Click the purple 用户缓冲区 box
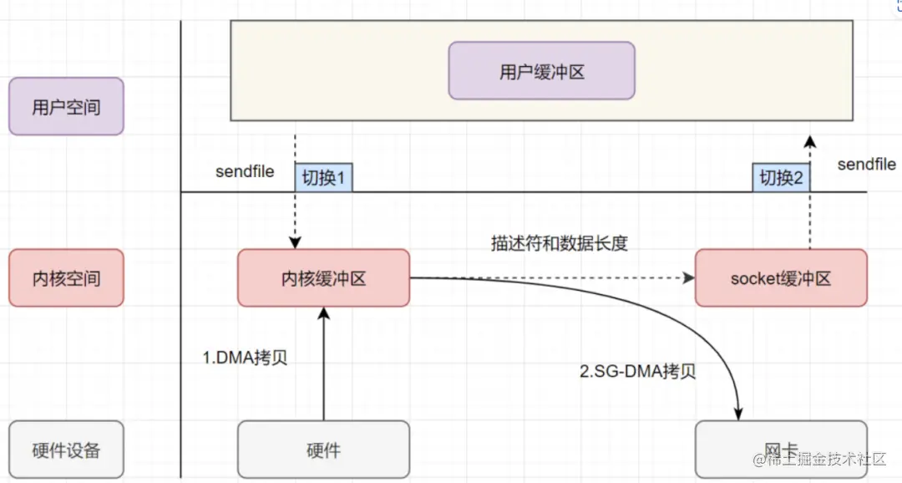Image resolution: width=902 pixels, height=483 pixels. coord(541,71)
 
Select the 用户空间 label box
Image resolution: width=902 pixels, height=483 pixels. coord(66,106)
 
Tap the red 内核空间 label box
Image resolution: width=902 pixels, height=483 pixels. coord(66,277)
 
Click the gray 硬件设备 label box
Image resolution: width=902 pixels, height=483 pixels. coord(66,450)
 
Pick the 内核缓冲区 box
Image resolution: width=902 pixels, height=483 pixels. coord(323,277)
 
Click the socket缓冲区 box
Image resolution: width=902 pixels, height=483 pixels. coord(780,277)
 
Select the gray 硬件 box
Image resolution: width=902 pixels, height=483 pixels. coord(323,450)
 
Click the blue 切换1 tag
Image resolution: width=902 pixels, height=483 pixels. coord(323,177)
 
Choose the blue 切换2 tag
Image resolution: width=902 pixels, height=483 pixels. coord(781,177)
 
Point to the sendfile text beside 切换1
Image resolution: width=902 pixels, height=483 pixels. coord(245,172)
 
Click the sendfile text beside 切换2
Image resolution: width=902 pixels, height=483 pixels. coord(866,165)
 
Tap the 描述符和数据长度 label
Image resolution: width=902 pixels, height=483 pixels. coord(559,244)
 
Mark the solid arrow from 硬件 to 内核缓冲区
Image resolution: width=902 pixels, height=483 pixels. coord(323,368)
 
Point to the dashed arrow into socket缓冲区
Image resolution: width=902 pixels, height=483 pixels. coord(551,277)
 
